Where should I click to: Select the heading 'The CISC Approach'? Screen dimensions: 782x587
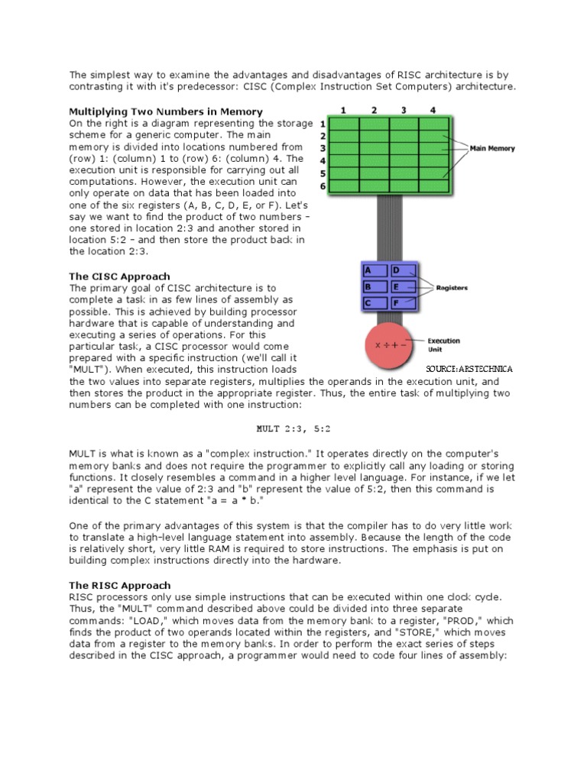click(119, 276)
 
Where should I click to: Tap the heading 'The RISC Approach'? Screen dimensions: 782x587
click(119, 585)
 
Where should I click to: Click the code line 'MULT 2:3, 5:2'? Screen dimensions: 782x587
click(293, 429)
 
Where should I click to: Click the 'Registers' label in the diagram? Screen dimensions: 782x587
click(452, 288)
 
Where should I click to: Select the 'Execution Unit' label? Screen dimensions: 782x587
click(443, 345)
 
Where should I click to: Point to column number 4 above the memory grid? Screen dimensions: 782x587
click(433, 110)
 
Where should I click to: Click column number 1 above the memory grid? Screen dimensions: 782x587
click(344, 110)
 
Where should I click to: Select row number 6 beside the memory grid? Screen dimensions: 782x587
click(323, 186)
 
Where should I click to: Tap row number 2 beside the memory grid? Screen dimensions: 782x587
click(323, 136)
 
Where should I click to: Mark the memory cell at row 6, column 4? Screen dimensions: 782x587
click(434, 186)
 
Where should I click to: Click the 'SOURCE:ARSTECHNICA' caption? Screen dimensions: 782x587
click(469, 369)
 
